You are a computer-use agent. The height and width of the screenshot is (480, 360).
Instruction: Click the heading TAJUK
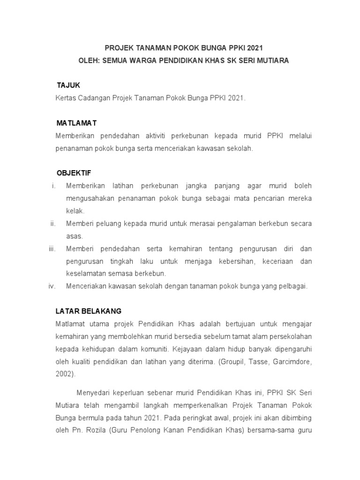68,85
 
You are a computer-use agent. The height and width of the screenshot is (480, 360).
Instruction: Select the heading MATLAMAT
76,123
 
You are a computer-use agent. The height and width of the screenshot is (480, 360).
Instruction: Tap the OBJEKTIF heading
74,173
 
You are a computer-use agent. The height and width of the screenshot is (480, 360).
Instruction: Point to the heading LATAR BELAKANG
89,311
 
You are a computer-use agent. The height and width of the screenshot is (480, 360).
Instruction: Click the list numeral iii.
52,248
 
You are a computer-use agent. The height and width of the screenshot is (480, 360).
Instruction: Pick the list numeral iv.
52,286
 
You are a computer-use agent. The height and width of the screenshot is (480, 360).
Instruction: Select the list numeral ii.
53,224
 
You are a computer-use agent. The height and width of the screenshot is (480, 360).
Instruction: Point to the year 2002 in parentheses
64,375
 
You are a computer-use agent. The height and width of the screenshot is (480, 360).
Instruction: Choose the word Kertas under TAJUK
66,98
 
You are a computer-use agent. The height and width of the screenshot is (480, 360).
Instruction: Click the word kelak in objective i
75,211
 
